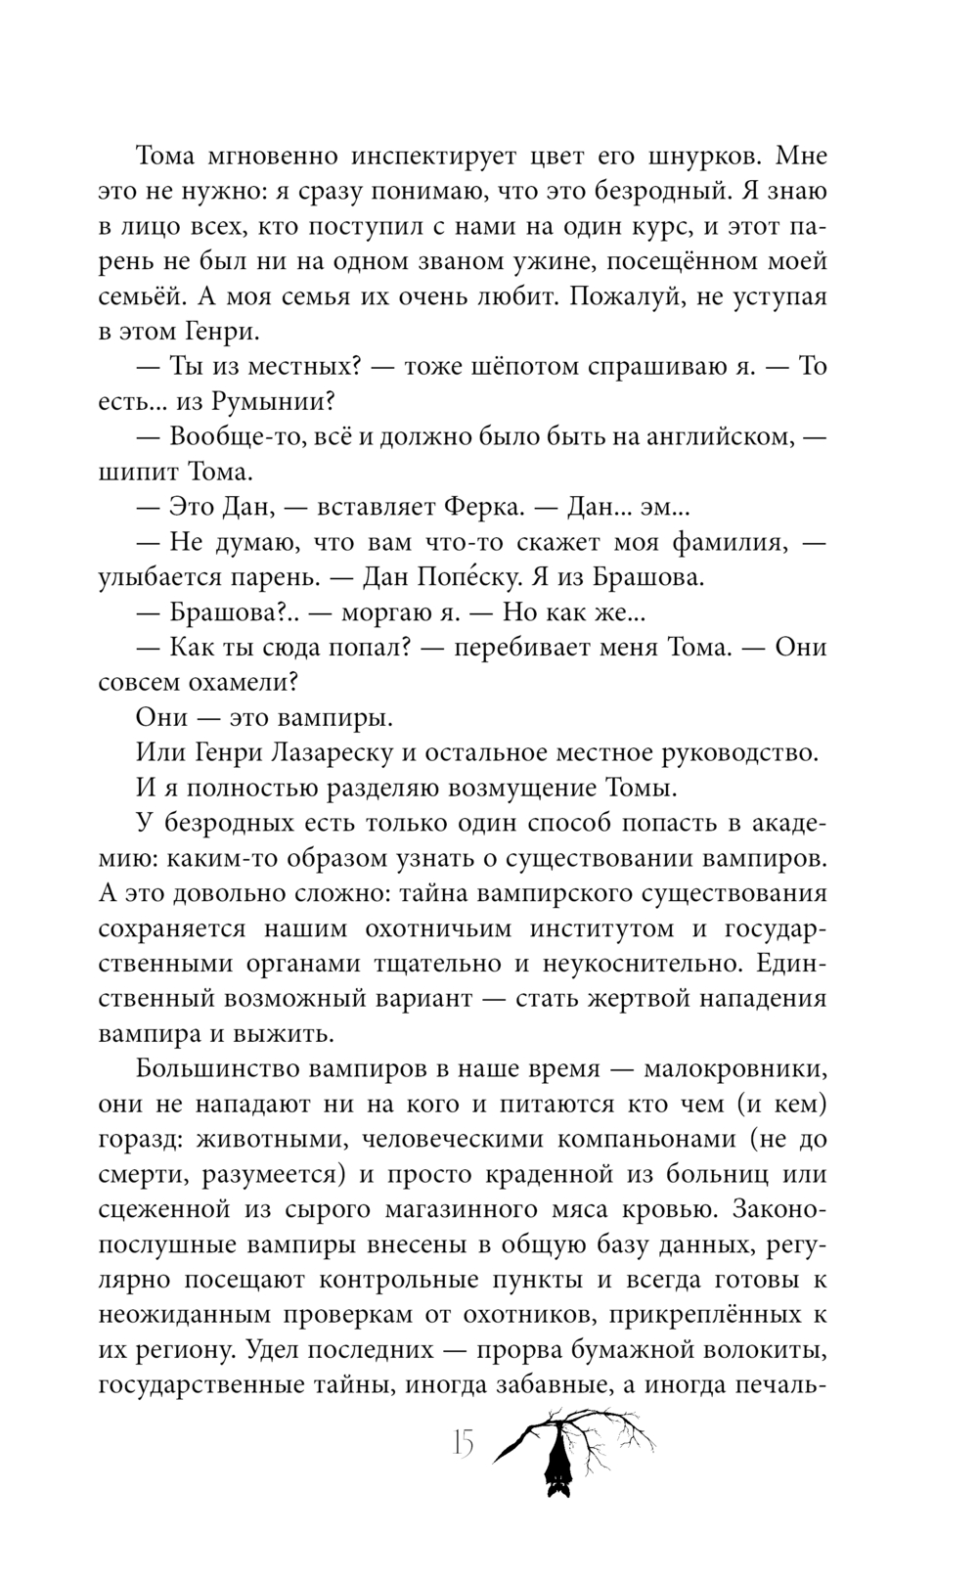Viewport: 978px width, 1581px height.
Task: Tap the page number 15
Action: [x=463, y=1442]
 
